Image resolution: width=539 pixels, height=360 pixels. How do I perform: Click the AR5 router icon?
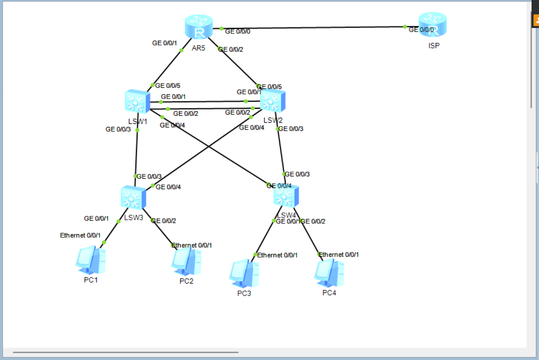199,27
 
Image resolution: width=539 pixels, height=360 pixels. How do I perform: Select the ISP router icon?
433,24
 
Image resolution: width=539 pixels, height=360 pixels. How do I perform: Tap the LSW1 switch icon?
137,101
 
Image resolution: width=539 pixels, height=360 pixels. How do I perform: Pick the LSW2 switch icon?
273,101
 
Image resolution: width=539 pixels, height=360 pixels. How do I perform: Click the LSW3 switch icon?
133,198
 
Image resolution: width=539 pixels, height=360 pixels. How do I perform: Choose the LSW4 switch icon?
286,196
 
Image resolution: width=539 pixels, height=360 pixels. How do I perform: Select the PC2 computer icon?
186,261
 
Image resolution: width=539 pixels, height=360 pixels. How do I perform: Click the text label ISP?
434,46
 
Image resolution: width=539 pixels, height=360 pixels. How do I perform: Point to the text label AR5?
198,48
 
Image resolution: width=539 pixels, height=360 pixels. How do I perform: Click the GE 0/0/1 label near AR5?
164,43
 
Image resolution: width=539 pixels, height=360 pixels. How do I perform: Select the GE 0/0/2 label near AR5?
231,50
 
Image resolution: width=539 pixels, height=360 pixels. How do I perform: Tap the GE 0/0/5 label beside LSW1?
168,85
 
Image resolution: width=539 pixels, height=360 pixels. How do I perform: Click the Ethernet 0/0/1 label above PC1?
80,235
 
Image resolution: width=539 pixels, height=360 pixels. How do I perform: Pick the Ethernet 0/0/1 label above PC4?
339,255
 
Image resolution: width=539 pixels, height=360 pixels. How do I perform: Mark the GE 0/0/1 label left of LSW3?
96,219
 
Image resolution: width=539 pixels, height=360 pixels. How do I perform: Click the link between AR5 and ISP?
311,28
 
